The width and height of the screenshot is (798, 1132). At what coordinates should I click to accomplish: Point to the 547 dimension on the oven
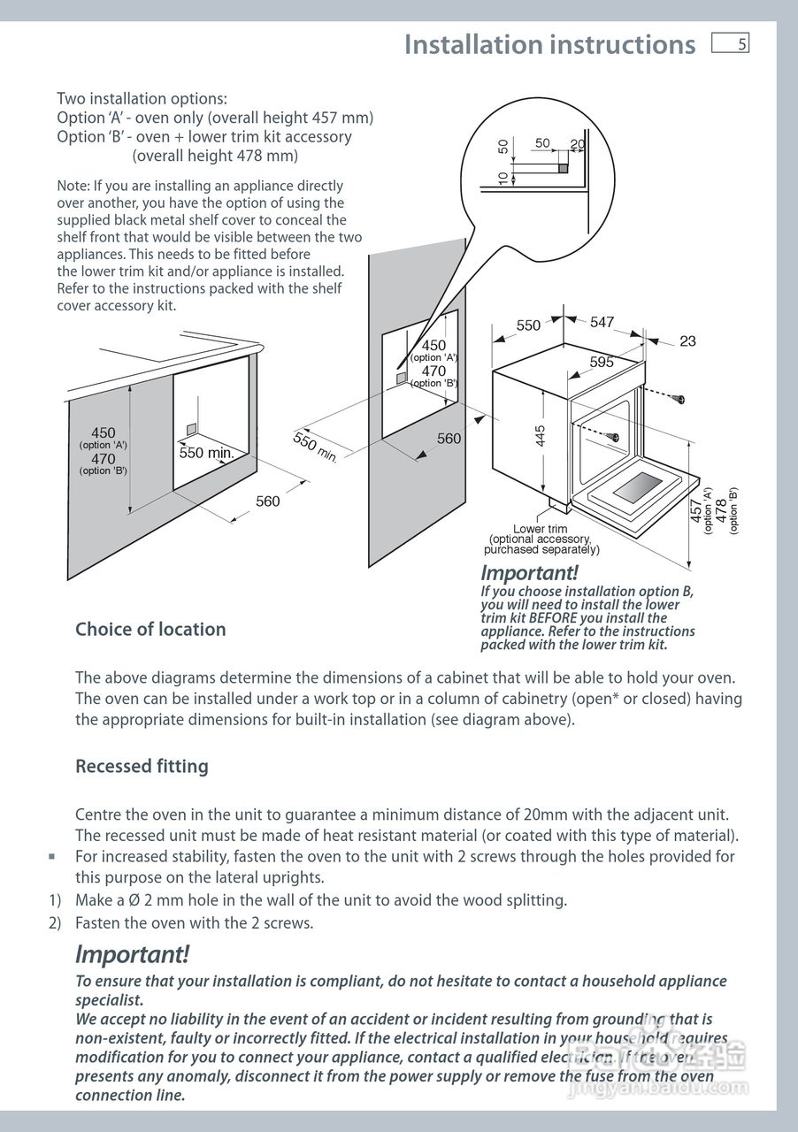point(602,323)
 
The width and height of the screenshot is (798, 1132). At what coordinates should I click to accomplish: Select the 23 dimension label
point(687,341)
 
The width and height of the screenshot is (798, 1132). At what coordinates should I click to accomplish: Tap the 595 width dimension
point(602,362)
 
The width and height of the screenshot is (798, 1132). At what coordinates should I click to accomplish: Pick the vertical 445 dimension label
point(541,436)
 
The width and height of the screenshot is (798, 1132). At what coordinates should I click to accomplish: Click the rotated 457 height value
point(696,511)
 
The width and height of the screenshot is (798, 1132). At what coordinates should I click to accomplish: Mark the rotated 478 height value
point(721,511)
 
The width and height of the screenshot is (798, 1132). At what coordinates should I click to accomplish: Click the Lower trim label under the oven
point(541,529)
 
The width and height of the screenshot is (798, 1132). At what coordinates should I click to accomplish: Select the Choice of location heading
point(150,630)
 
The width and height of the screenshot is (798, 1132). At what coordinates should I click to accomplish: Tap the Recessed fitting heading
point(142,767)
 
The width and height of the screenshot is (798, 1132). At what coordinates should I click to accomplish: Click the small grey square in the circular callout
point(562,166)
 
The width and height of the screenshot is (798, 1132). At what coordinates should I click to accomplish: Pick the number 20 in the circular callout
point(578,145)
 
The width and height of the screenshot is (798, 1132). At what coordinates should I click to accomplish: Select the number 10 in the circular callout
point(503,178)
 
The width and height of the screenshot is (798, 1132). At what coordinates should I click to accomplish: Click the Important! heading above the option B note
point(529,573)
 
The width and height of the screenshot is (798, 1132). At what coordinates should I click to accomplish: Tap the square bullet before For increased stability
point(52,856)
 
